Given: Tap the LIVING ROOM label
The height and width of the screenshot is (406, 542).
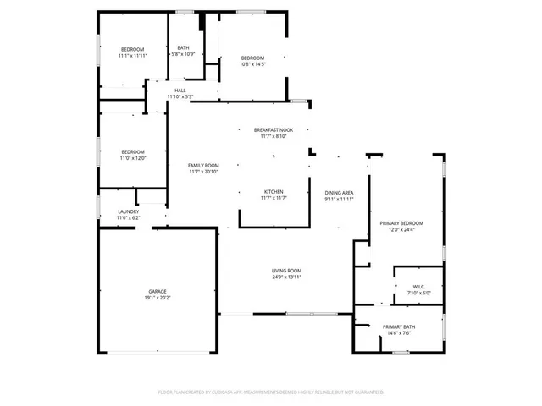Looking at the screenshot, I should (x=286, y=270).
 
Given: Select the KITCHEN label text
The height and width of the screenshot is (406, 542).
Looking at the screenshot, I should (x=274, y=192).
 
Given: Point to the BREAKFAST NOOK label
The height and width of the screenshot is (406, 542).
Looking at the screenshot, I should (x=274, y=129).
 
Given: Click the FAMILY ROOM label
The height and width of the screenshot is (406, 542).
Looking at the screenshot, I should (x=203, y=165).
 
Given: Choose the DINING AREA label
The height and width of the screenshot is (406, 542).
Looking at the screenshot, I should (x=339, y=193).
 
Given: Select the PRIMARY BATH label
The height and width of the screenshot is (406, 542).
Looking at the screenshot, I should (x=398, y=326).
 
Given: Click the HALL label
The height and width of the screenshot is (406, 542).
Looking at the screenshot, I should (x=180, y=91).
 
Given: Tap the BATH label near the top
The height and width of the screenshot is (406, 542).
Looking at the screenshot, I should (x=184, y=48).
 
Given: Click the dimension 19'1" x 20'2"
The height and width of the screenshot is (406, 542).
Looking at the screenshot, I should (x=158, y=298).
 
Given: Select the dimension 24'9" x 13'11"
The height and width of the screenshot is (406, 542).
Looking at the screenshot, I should (x=286, y=277).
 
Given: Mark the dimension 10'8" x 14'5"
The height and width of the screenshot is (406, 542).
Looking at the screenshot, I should (x=253, y=63).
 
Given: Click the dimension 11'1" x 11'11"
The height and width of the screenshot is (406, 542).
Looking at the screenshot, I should (x=133, y=56).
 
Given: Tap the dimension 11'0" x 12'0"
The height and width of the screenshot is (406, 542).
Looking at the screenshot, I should (x=132, y=158).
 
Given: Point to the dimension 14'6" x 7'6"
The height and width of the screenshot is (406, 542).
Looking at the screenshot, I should (x=398, y=333).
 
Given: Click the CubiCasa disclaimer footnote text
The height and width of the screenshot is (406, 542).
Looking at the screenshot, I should (x=271, y=392).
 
